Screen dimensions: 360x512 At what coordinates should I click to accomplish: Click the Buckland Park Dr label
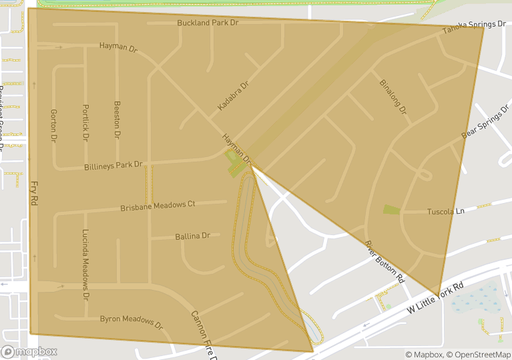click(208, 23)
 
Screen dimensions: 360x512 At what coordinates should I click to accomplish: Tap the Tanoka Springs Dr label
click(474, 27)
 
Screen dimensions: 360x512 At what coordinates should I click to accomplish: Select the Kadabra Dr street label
click(232, 97)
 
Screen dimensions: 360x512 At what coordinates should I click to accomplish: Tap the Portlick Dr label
click(85, 122)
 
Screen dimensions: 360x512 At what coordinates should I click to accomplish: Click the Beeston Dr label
click(117, 120)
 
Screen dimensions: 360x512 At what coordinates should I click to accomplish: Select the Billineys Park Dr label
click(113, 165)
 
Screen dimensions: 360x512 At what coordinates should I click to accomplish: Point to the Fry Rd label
click(33, 192)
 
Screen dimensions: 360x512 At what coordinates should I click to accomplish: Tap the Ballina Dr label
click(192, 236)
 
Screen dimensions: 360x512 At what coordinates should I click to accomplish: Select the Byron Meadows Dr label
click(132, 323)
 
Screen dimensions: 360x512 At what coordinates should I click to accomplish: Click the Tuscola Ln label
click(445, 212)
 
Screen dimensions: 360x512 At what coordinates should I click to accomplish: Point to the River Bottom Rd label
click(385, 260)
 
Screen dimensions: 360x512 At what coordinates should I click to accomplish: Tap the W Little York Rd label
click(435, 299)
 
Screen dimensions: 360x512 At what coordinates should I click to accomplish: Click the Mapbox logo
click(29, 351)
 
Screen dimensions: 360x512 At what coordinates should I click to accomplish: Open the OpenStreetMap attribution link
click(479, 355)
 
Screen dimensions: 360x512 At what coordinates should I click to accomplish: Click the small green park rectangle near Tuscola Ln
click(391, 210)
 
